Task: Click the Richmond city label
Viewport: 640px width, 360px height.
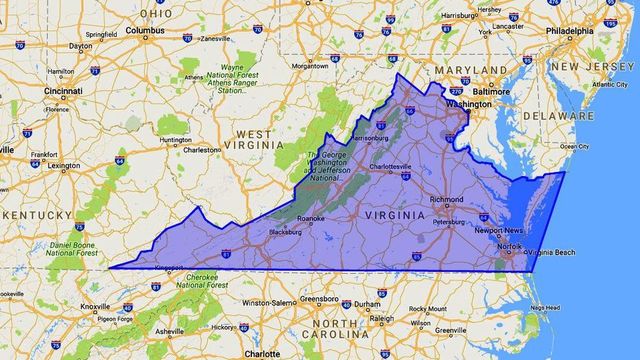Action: pyautogui.click(x=445, y=199)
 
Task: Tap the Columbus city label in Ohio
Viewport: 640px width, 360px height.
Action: pyautogui.click(x=144, y=30)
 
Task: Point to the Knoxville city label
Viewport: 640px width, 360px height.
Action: pyautogui.click(x=95, y=306)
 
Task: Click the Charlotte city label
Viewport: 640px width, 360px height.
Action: pyautogui.click(x=262, y=353)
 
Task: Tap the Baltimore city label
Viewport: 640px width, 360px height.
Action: pyautogui.click(x=491, y=91)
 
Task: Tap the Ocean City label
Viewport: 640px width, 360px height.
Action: pyautogui.click(x=574, y=146)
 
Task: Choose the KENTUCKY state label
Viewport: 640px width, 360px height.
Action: pyautogui.click(x=35, y=214)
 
